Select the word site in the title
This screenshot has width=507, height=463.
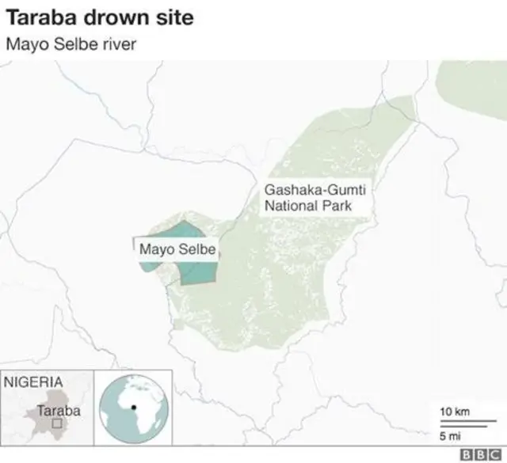coord(169,16)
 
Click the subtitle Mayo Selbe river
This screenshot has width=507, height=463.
coord(71,43)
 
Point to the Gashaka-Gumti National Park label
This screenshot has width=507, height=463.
coord(308,198)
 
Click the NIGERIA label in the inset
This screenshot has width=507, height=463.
coord(33,381)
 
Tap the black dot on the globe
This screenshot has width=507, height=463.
coord(134,407)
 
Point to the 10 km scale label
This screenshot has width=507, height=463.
coord(454,412)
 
